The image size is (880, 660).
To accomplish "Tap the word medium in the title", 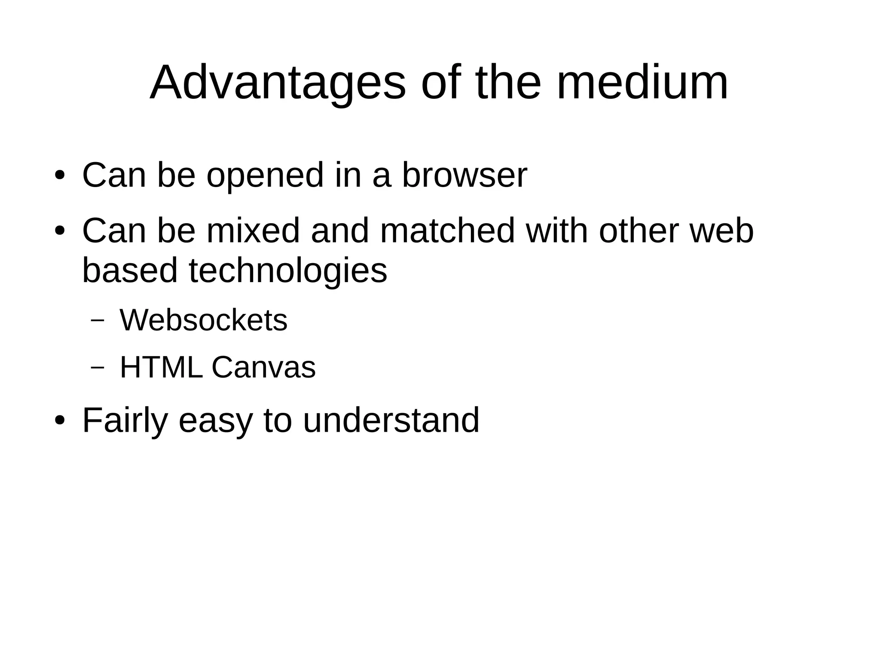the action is [642, 83].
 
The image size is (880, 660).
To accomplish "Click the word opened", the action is [265, 175].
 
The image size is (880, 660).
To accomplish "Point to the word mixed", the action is [253, 231].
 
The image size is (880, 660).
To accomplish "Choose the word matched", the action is [447, 231].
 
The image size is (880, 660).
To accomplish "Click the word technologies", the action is [288, 271].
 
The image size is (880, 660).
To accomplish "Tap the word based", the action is [130, 271].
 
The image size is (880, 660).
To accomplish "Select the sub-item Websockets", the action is [203, 321].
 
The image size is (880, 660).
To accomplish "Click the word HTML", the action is [161, 368].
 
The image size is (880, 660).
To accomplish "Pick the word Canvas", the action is [263, 368].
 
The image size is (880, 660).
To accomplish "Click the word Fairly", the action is [125, 421].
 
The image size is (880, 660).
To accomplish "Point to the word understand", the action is [391, 421].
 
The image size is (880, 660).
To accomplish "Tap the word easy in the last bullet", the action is [215, 421].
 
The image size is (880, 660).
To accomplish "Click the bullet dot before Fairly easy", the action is [60, 420].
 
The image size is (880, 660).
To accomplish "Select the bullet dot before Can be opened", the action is [60, 175].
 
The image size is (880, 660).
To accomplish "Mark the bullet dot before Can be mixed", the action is [60, 231].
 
